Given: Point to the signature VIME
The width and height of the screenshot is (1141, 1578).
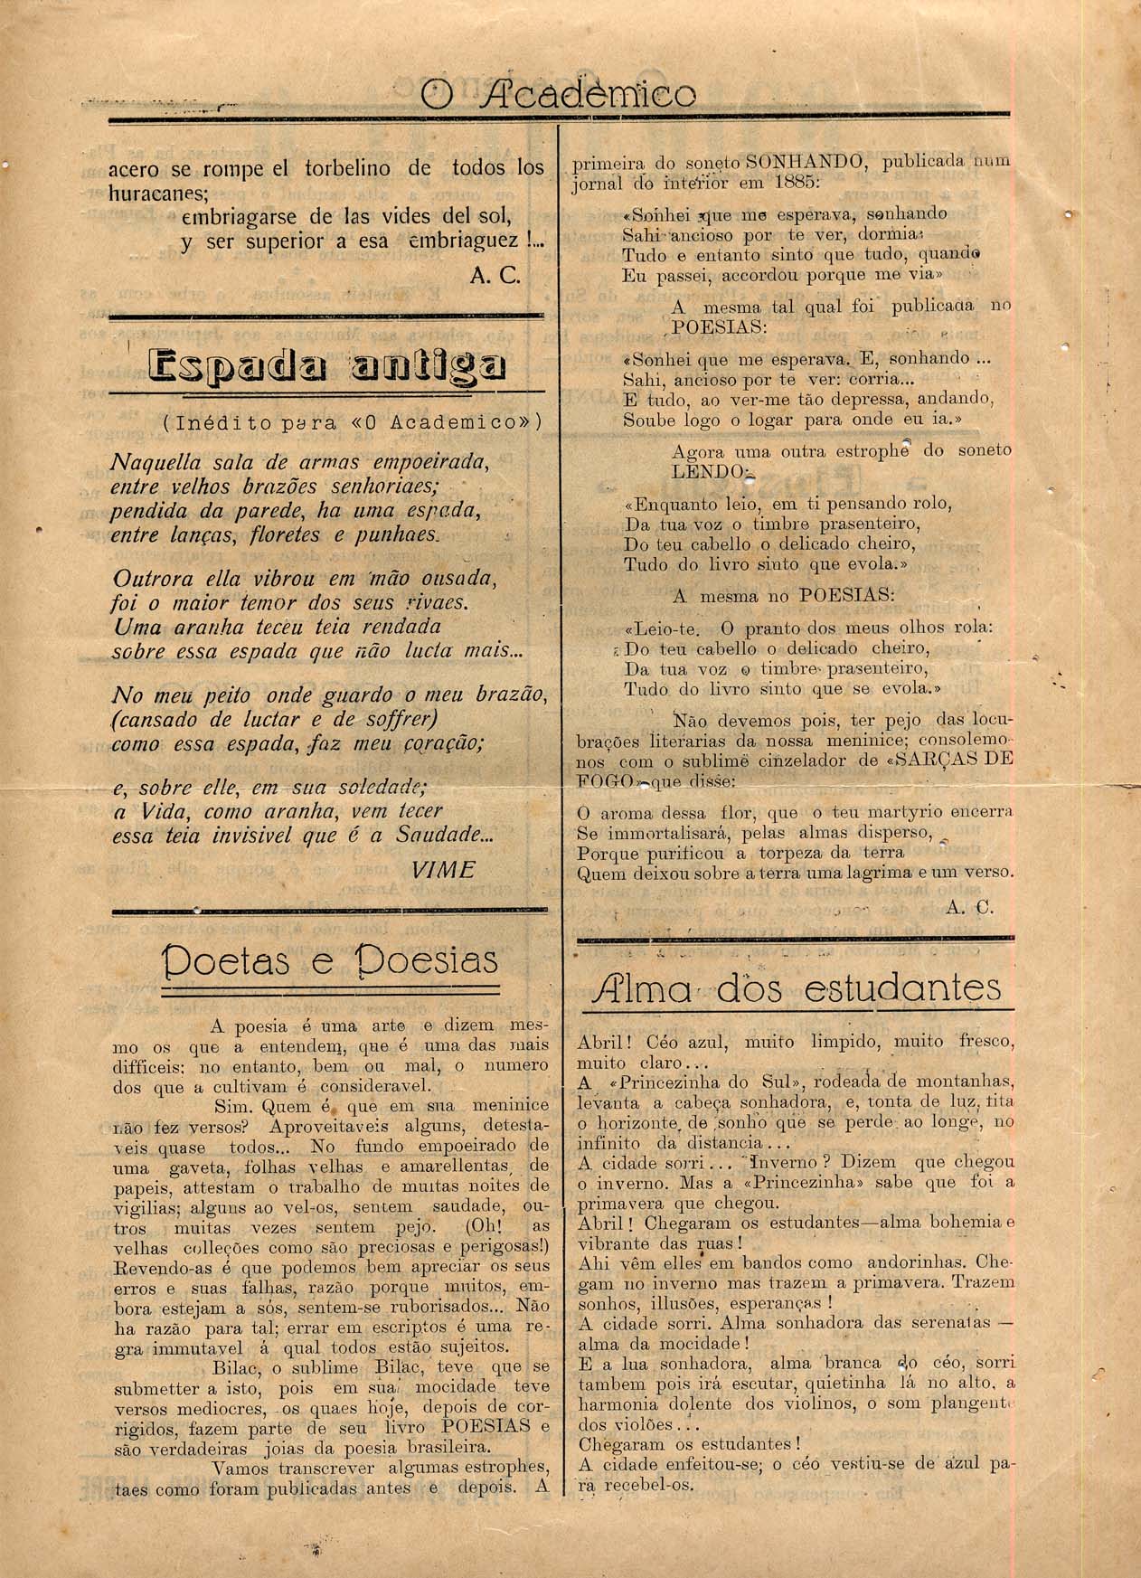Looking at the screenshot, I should [442, 869].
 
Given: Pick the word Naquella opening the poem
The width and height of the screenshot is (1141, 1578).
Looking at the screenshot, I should [146, 463].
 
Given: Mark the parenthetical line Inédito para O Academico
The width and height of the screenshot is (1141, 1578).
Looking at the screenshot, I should [352, 422].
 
